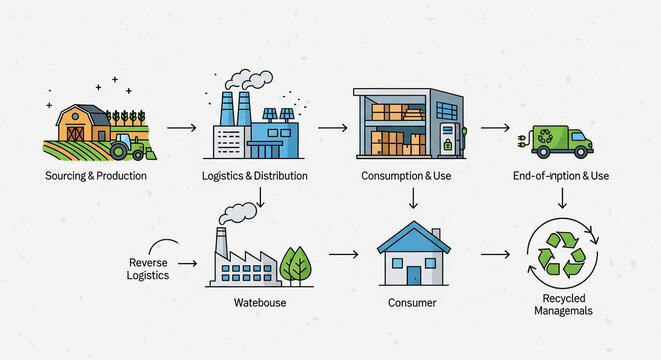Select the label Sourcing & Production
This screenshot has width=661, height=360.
(96, 176)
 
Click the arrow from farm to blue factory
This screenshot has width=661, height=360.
(181, 128)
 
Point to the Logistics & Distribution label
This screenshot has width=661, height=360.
(255, 176)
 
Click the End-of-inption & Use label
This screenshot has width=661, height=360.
(561, 176)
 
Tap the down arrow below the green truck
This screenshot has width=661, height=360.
(562, 200)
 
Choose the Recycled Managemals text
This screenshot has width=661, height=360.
(561, 305)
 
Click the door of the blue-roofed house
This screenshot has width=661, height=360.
(413, 273)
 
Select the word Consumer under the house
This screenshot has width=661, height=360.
(411, 301)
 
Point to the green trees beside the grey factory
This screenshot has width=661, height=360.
(296, 266)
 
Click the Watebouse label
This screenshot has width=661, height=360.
(260, 301)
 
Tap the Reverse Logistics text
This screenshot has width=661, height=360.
(149, 268)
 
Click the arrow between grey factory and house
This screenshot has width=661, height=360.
(343, 254)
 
